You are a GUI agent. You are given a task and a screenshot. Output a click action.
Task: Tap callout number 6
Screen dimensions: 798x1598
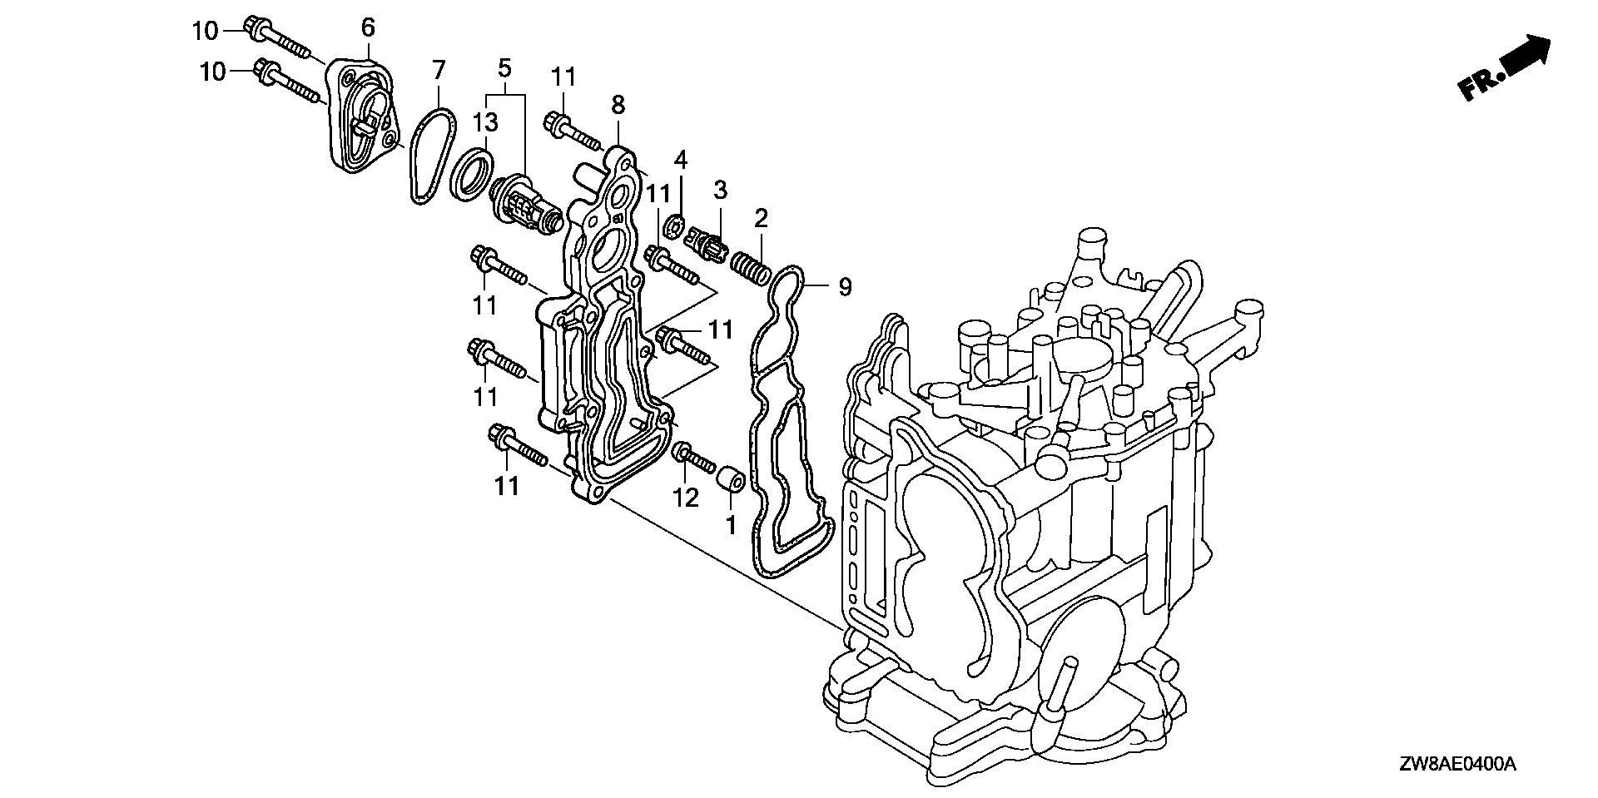tap(368, 29)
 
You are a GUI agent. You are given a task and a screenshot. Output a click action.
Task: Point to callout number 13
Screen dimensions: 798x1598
tap(485, 122)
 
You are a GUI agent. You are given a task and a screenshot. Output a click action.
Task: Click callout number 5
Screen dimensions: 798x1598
tap(504, 65)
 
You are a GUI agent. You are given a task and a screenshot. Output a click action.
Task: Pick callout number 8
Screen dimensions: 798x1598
tap(618, 105)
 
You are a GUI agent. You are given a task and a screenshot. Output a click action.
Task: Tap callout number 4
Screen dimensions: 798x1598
tap(680, 158)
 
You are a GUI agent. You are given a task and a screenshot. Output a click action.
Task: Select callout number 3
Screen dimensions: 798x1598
tap(720, 190)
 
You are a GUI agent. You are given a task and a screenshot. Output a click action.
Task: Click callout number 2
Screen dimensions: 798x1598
tap(761, 219)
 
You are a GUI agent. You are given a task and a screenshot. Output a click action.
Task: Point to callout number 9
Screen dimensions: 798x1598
tap(845, 288)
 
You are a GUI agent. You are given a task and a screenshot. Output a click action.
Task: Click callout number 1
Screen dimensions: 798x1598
tap(731, 525)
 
